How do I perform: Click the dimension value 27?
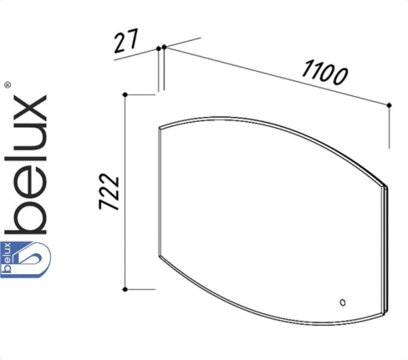click(126, 41)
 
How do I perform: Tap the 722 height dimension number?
click(109, 191)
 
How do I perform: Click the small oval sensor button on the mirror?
click(343, 303)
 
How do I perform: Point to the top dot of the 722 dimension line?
click(125, 95)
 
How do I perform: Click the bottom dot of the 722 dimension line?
click(125, 289)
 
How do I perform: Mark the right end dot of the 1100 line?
click(389, 105)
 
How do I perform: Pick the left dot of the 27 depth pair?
click(158, 48)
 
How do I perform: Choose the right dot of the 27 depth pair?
click(164, 47)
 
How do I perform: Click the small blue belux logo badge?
click(25, 259)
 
